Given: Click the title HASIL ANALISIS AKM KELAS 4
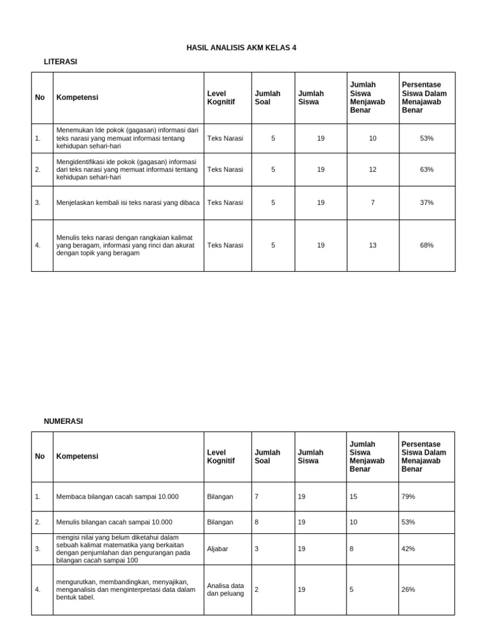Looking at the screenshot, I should click(x=241, y=48).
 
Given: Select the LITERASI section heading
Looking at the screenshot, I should click(x=60, y=62).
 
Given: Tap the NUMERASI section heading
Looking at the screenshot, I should click(x=63, y=421).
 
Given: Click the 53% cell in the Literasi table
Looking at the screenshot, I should click(x=426, y=138).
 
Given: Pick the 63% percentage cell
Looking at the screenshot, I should click(x=426, y=170).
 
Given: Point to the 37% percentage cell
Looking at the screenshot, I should click(x=426, y=203).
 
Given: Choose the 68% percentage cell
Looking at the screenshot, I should click(x=426, y=245).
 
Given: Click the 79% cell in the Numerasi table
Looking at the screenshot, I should click(x=408, y=497).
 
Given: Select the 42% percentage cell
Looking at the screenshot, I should click(x=408, y=549).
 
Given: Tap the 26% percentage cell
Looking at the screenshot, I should click(x=408, y=590).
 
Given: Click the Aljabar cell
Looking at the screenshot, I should click(x=218, y=549).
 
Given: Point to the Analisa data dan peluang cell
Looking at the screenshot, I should click(x=225, y=590).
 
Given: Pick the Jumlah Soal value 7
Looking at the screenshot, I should click(x=257, y=497).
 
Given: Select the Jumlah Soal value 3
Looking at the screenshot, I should click(x=257, y=549).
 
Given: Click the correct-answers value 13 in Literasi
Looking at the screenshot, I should click(x=372, y=245).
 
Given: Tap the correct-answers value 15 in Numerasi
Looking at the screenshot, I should click(x=353, y=497).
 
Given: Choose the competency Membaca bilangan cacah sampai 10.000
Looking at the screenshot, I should click(x=118, y=497).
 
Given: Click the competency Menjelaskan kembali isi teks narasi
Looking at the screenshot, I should click(x=128, y=203).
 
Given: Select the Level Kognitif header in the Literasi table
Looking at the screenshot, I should click(x=221, y=97).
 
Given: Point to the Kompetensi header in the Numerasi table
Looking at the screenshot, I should click(x=77, y=457).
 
